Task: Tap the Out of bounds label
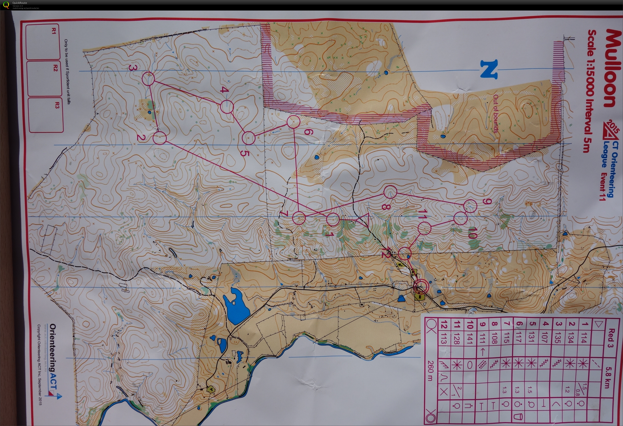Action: click(x=495, y=114)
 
